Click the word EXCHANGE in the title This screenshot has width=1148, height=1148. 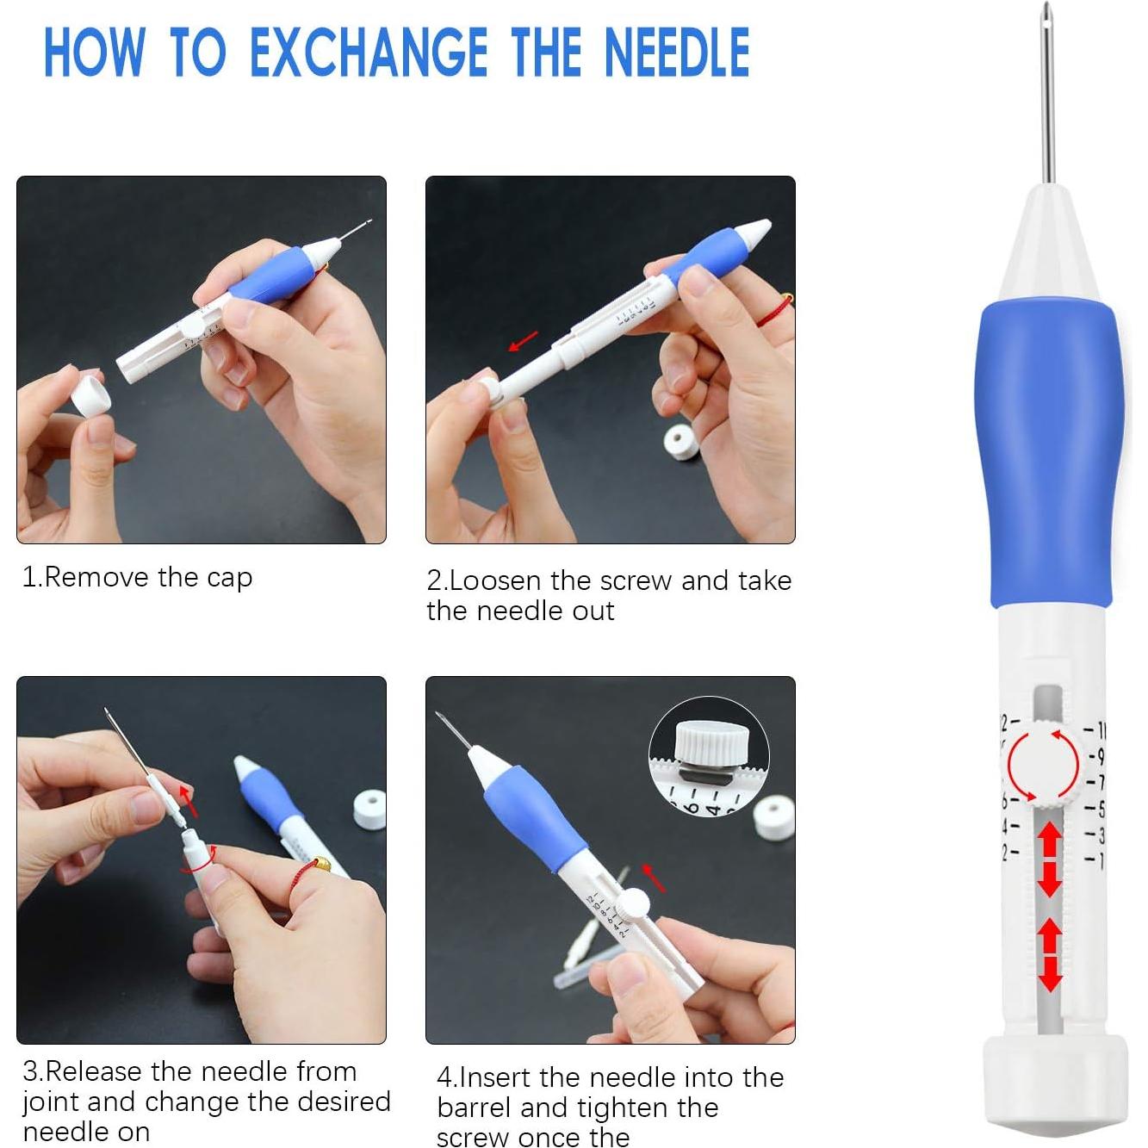coord(368,53)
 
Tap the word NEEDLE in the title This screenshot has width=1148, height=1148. coord(677,53)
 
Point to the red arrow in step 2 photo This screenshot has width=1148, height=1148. coord(523,341)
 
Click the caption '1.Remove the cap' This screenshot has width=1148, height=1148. coord(137,577)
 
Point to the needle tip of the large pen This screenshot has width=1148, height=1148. coord(1046,13)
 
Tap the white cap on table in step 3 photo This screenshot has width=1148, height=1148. coord(369,810)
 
